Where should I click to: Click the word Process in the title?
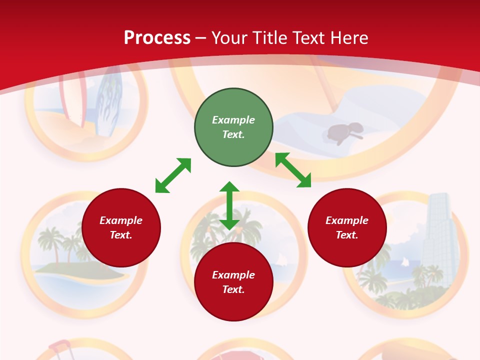[x=157, y=38]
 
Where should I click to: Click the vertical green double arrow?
[x=229, y=205]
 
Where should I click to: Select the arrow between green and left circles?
[x=173, y=175]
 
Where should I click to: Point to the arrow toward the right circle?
[x=293, y=170]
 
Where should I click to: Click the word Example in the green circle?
[x=233, y=120]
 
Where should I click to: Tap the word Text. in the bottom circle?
[x=233, y=289]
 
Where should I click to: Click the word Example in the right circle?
[x=347, y=220]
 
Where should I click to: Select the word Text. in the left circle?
[x=121, y=235]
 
